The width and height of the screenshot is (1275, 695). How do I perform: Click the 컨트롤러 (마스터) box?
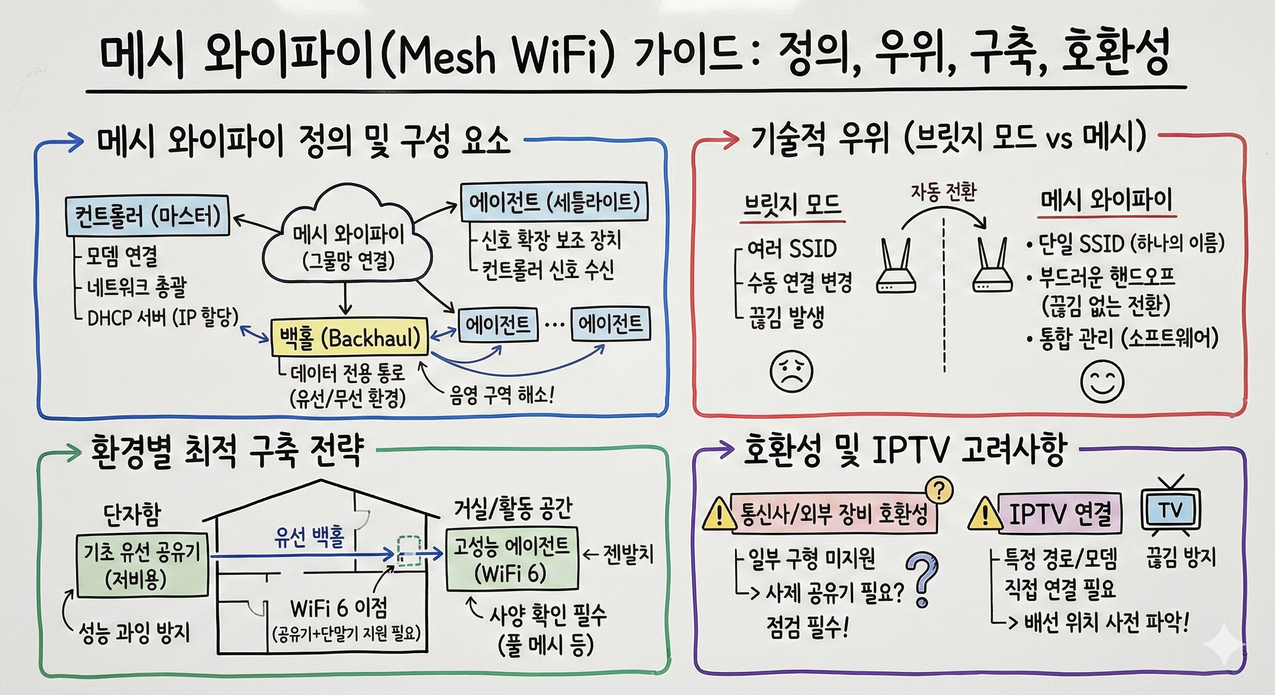[x=148, y=216]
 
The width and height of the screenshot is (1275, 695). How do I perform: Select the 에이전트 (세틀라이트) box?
[x=554, y=202]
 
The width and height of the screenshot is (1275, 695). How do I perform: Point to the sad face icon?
[x=791, y=371]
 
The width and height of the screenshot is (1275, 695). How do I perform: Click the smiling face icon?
[x=1102, y=381]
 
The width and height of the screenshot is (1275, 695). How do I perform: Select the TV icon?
[x=1170, y=509]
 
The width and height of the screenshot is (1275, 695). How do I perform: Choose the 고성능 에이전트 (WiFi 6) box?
[x=512, y=559]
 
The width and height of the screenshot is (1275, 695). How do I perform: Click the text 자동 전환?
[x=944, y=191]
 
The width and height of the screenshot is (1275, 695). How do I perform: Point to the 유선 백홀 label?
[x=310, y=537]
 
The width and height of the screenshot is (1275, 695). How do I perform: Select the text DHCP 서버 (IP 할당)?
[x=163, y=318]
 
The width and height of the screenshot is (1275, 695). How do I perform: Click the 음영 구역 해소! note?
[x=501, y=395]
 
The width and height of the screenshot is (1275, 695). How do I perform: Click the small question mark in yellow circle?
[x=939, y=490]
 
